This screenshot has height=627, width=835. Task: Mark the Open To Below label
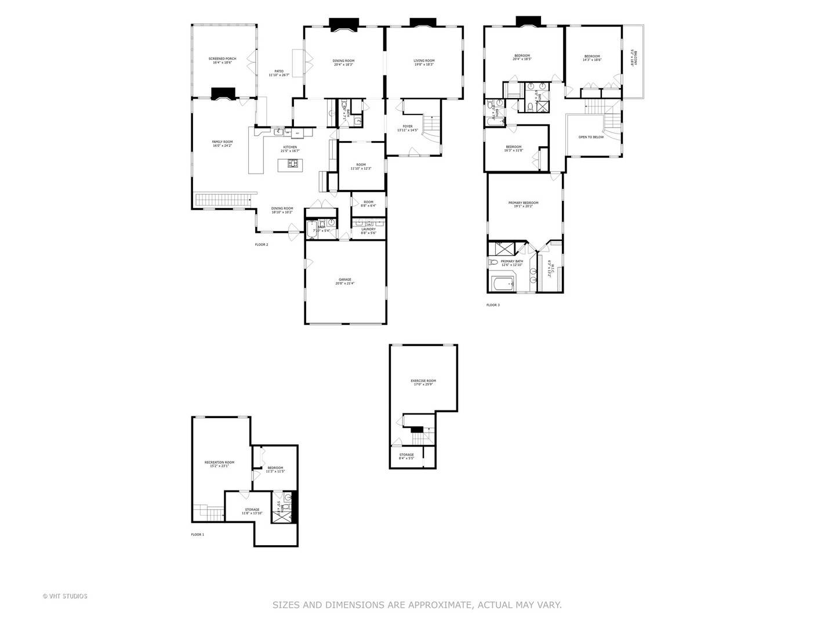tap(591, 137)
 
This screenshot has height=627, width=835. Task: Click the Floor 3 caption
tap(492, 305)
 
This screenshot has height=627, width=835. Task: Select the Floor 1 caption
tap(198, 534)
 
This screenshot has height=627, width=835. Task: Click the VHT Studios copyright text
tap(65, 596)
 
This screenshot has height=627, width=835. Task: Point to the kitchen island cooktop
tap(293, 164)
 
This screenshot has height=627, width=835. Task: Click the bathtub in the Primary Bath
tap(502, 284)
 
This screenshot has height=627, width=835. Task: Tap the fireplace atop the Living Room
tap(423, 22)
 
